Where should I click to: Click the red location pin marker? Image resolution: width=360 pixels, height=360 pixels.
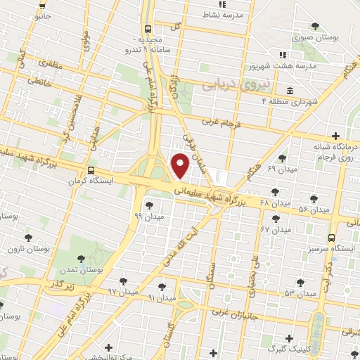[180, 166]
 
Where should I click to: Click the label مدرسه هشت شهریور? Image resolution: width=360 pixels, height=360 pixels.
[307, 65]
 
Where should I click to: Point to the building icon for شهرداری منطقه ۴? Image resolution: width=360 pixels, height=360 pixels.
[290, 91]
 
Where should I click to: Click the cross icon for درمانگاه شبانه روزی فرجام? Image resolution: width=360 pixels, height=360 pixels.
[336, 136]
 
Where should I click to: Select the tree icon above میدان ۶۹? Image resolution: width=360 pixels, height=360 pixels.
[283, 158]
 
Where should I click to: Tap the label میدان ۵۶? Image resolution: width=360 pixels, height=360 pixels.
[313, 210]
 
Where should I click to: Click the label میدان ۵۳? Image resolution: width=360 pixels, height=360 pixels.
[298, 293]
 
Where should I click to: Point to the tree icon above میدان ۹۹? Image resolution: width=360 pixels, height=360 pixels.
[149, 205]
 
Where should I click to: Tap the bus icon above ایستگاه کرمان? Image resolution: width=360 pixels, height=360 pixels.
[91, 171]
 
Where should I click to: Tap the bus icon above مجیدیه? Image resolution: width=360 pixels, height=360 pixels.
[148, 29]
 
